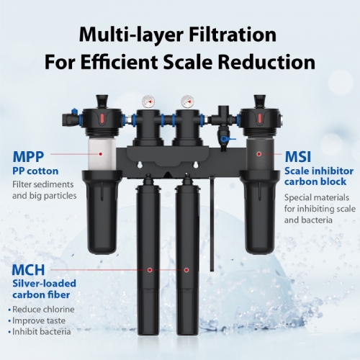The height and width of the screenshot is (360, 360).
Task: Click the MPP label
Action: (28, 157)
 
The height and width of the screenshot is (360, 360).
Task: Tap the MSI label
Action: (298, 157)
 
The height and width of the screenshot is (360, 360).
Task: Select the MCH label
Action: (28, 270)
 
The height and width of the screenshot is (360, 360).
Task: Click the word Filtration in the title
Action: (233, 35)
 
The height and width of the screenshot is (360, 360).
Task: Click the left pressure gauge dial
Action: (148, 102)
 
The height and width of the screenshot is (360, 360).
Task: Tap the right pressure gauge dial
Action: (187, 102)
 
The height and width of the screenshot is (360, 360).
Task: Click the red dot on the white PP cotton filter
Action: (101, 154)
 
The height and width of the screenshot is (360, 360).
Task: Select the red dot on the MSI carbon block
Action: (258, 154)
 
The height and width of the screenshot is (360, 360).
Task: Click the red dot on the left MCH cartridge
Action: (150, 270)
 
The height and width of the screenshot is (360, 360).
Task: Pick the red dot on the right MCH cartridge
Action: (186, 270)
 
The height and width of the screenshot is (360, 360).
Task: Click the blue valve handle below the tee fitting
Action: (228, 138)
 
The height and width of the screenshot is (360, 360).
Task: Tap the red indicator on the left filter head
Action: (102, 118)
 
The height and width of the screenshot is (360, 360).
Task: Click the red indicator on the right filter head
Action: (259, 118)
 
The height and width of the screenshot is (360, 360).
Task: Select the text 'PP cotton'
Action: (35, 171)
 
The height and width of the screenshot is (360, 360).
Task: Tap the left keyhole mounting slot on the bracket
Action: (139, 165)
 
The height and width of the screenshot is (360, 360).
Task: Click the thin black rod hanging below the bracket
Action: (212, 224)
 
